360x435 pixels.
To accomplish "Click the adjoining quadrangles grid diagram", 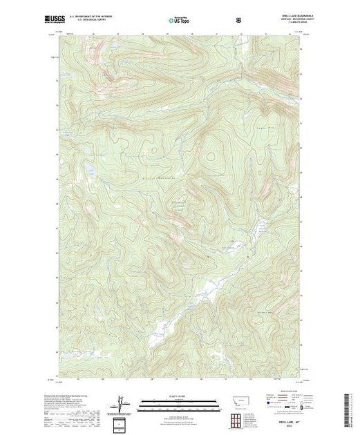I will [x=238, y=418].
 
